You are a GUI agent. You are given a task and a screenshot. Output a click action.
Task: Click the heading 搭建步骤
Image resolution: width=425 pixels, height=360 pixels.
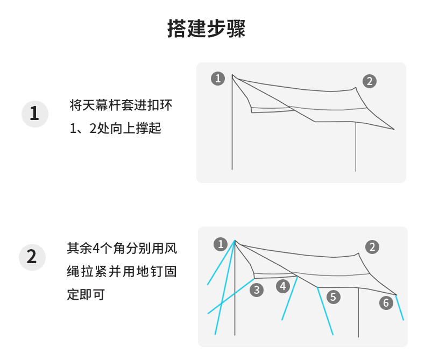[x=207, y=29]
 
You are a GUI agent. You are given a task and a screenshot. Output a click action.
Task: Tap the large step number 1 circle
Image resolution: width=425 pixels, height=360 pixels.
[x=34, y=114]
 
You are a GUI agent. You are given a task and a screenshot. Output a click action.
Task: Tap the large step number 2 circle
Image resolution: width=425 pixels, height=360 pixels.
[x=32, y=257]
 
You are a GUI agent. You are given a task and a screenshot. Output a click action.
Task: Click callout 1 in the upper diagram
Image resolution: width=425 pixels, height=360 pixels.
[x=218, y=79]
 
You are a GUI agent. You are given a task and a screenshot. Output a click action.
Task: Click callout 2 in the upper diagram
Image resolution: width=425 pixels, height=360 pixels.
[x=369, y=81]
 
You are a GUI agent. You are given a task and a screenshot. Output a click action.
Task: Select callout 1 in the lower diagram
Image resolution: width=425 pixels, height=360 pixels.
[x=221, y=244]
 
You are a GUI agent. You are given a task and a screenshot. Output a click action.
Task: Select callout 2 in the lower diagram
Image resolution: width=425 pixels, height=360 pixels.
[x=372, y=247]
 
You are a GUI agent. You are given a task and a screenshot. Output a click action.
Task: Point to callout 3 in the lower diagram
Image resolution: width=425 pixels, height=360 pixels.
[x=257, y=290]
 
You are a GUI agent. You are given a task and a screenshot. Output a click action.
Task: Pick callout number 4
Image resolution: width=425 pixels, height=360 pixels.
[x=283, y=286]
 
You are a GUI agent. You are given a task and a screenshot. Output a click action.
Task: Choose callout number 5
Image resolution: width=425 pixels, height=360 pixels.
[x=334, y=297]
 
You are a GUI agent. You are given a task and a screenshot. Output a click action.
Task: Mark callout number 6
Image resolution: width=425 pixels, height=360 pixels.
[x=386, y=303]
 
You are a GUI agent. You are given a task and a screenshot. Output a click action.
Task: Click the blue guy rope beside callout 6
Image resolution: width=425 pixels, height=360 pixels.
[x=400, y=308]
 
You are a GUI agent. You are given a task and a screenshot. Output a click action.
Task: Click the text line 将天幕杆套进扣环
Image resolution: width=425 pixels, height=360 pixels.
[x=121, y=105]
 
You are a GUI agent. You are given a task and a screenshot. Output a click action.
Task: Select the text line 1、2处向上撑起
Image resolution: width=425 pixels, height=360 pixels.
[x=116, y=129]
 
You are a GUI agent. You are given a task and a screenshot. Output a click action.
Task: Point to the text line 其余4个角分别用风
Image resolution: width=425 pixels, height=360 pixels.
[x=122, y=249]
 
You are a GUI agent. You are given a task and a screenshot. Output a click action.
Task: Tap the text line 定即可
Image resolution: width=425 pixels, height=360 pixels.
[x=86, y=295]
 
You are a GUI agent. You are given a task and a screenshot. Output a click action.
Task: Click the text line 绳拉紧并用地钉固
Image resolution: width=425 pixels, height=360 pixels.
[x=122, y=272]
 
